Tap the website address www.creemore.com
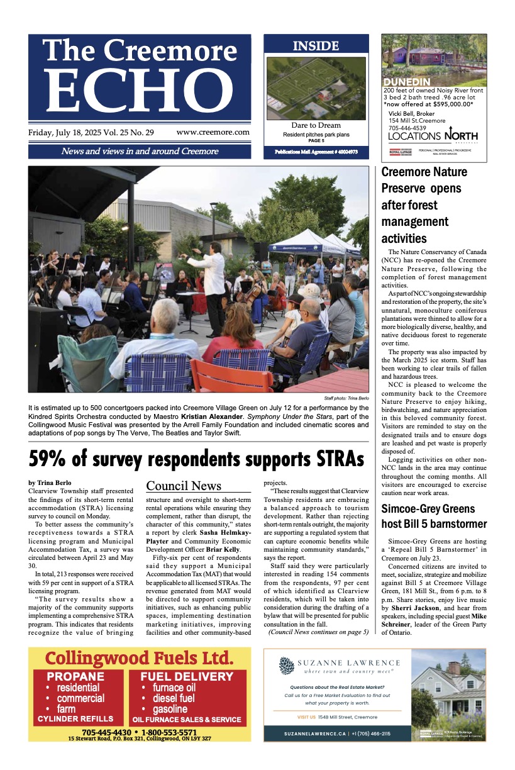tap(213, 132)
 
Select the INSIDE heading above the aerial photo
tap(316, 46)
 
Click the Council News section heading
tap(184, 485)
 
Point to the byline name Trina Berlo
tap(57, 483)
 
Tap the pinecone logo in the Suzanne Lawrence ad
tap(287, 666)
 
